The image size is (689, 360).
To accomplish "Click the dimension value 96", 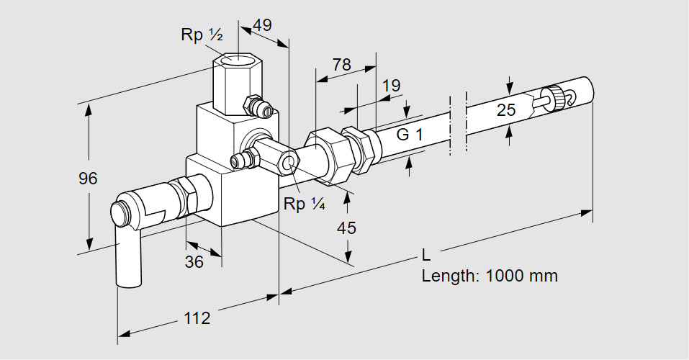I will coord(88,179).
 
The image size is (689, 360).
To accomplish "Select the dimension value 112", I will coord(197,318).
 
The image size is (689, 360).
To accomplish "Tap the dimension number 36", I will coord(194,262).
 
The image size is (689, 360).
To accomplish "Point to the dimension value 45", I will coord(347,228).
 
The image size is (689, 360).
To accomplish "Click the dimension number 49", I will coord(262,25).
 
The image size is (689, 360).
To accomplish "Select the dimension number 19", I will coord(391,86).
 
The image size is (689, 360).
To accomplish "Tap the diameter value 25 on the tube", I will coord(507,110).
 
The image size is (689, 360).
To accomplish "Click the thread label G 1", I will coord(410,134).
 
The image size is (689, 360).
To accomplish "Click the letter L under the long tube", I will coord(426,254).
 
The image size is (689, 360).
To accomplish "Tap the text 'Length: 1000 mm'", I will coord(490,275).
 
